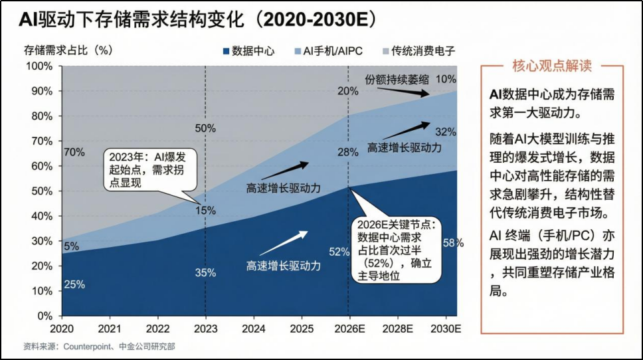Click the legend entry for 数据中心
(250, 50)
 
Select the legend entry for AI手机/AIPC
(327, 50)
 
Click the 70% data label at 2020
(74, 152)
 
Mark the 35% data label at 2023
(205, 272)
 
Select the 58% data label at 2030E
(452, 243)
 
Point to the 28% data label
(347, 153)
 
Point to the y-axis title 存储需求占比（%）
(66, 50)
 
